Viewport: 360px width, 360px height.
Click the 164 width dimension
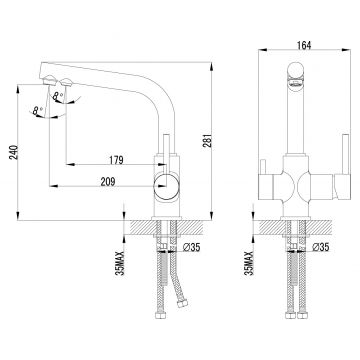pos(303,45)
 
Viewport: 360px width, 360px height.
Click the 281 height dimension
pos(207,140)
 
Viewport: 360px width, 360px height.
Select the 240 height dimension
pos(13,152)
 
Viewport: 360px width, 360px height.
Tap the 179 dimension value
pos(116,160)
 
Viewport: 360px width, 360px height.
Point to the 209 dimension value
pos(108,182)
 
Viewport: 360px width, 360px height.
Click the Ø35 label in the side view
pos(191,247)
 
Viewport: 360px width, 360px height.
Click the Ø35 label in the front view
pos(320,247)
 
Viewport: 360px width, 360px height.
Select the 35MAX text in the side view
pos(121,263)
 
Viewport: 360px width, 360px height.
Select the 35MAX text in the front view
pos(249,263)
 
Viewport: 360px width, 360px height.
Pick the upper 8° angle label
pos(58,95)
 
